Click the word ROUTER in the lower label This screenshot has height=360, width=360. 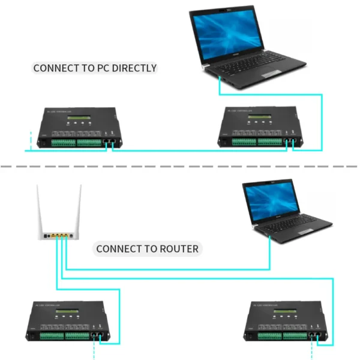tap(178, 248)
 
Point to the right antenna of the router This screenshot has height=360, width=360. tap(78, 207)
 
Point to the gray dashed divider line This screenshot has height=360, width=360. tap(180, 166)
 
